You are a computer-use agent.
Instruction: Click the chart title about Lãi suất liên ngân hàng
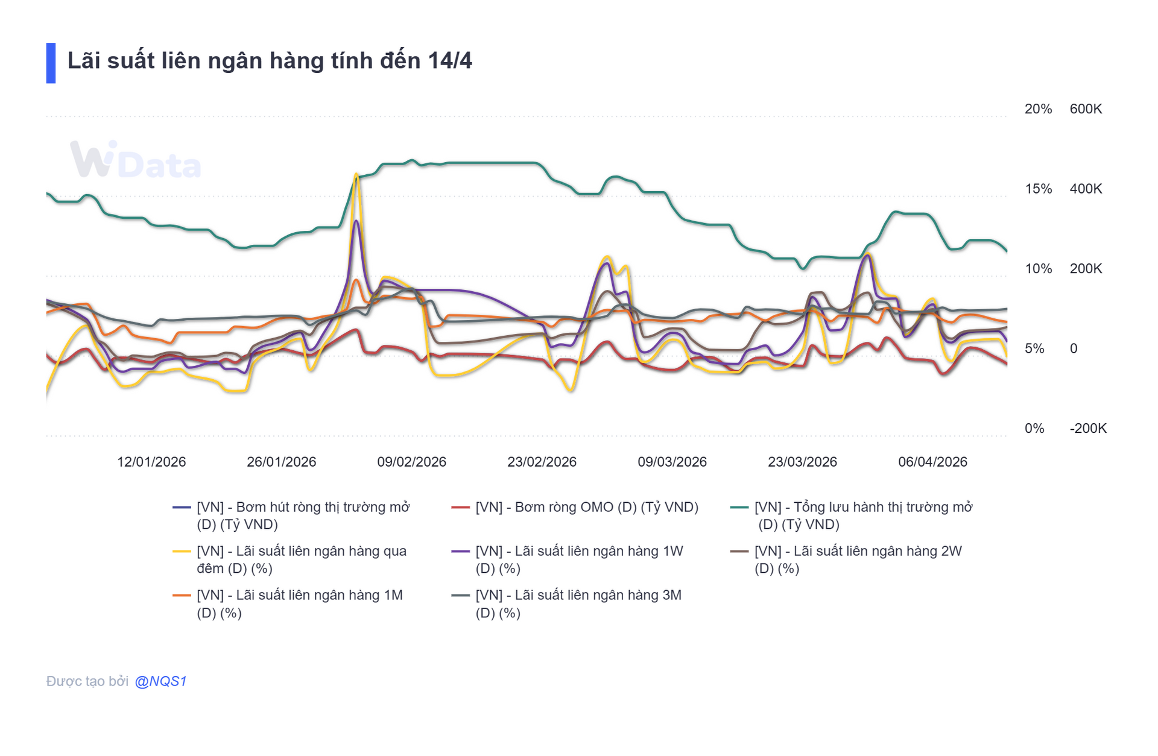(x=269, y=61)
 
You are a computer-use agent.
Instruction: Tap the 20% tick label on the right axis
(x=1037, y=109)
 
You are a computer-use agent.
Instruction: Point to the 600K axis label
(x=1086, y=109)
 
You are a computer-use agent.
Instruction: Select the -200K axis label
(x=1087, y=429)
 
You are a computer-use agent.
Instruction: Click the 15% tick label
(x=1038, y=189)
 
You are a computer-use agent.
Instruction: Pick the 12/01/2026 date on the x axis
(x=151, y=462)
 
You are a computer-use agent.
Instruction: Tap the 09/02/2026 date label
(x=411, y=462)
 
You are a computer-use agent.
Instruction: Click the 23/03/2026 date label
(x=802, y=462)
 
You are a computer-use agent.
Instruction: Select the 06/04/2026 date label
(x=932, y=462)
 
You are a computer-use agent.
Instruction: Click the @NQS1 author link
(x=160, y=681)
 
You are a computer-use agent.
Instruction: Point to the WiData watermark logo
(x=135, y=160)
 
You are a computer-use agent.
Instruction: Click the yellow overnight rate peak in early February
(x=356, y=175)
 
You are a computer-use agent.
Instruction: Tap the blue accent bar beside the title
(x=51, y=63)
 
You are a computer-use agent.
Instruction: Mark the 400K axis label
(x=1086, y=189)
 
